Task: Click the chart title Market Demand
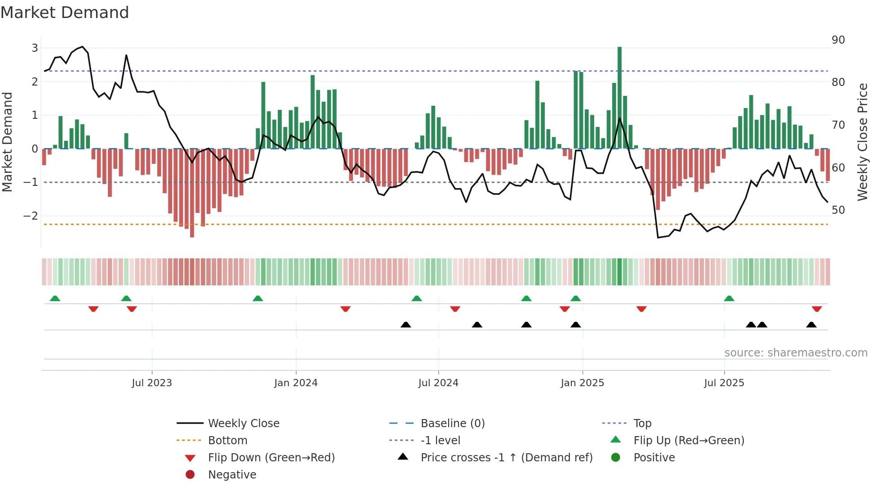pyautogui.click(x=65, y=13)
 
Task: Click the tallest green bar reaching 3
pyautogui.click(x=619, y=97)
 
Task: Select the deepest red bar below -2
pyautogui.click(x=192, y=194)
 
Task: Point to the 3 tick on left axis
pyautogui.click(x=35, y=48)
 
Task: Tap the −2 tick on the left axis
pyautogui.click(x=31, y=216)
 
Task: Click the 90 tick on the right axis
pyautogui.click(x=838, y=40)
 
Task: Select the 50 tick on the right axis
pyautogui.click(x=838, y=210)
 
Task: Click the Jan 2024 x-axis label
pyautogui.click(x=296, y=383)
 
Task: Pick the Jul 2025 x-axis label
pyautogui.click(x=724, y=383)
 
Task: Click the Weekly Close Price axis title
pyautogui.click(x=862, y=142)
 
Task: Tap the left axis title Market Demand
pyautogui.click(x=7, y=142)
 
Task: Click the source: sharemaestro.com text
pyautogui.click(x=796, y=352)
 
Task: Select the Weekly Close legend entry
pyautogui.click(x=243, y=423)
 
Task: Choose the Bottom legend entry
pyautogui.click(x=227, y=440)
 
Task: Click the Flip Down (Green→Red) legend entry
pyautogui.click(x=271, y=457)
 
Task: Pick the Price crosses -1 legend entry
pyautogui.click(x=506, y=457)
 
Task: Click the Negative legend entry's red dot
pyautogui.click(x=190, y=474)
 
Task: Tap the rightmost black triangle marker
pyautogui.click(x=811, y=325)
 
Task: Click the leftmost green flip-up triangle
pyautogui.click(x=55, y=298)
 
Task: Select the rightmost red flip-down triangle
pyautogui.click(x=817, y=309)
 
